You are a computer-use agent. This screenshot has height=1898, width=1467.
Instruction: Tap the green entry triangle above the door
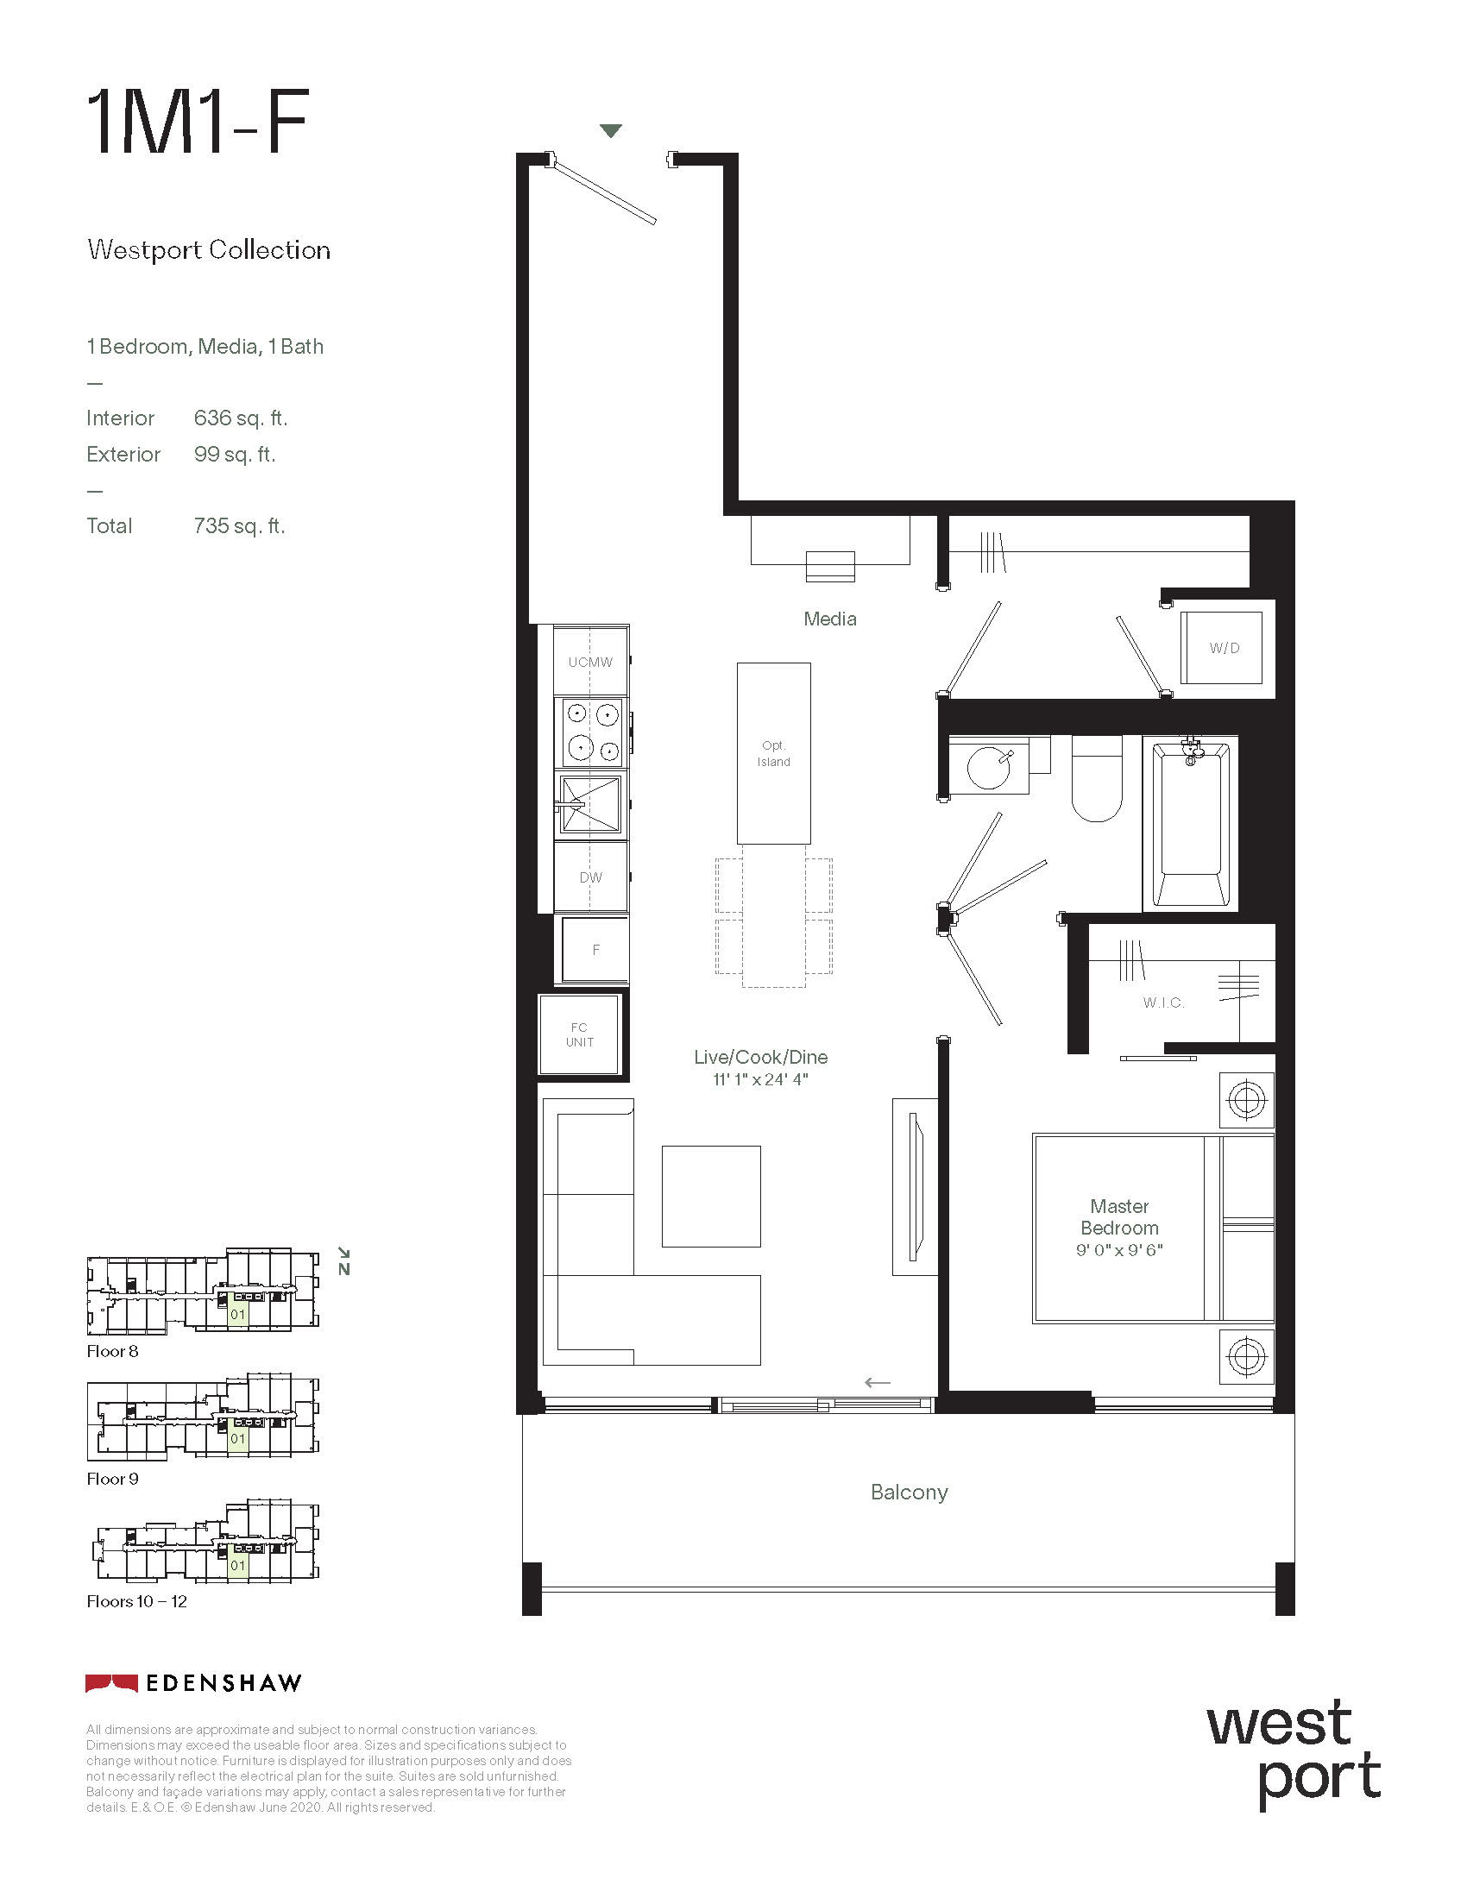(611, 131)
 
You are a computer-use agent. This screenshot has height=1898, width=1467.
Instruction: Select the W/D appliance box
(1221, 647)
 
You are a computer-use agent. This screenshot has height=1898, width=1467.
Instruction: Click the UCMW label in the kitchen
(590, 663)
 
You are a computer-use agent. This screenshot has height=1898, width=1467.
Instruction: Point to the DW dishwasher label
(591, 877)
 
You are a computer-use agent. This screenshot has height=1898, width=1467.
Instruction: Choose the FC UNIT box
(580, 1034)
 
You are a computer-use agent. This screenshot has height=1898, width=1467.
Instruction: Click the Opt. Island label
(773, 753)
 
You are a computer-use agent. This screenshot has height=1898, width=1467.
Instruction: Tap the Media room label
(830, 619)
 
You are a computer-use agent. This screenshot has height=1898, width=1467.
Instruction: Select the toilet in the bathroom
(1097, 778)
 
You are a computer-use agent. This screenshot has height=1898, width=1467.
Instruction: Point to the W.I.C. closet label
(1164, 1002)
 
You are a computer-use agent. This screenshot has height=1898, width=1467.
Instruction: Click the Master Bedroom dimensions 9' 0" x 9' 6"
(1119, 1250)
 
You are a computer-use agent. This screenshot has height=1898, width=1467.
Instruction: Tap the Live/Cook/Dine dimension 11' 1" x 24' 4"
(760, 1079)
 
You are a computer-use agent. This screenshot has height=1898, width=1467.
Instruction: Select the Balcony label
(909, 1493)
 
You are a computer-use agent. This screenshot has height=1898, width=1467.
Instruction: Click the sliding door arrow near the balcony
(878, 1383)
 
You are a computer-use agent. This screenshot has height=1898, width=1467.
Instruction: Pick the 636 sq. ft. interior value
(240, 418)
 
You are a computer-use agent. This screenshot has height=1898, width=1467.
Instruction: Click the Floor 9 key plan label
(112, 1478)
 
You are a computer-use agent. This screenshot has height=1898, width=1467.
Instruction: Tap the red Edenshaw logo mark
(111, 1683)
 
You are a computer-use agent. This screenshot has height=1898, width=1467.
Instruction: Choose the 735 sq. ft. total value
(239, 525)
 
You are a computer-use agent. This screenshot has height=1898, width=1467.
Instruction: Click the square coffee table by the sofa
(711, 1196)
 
